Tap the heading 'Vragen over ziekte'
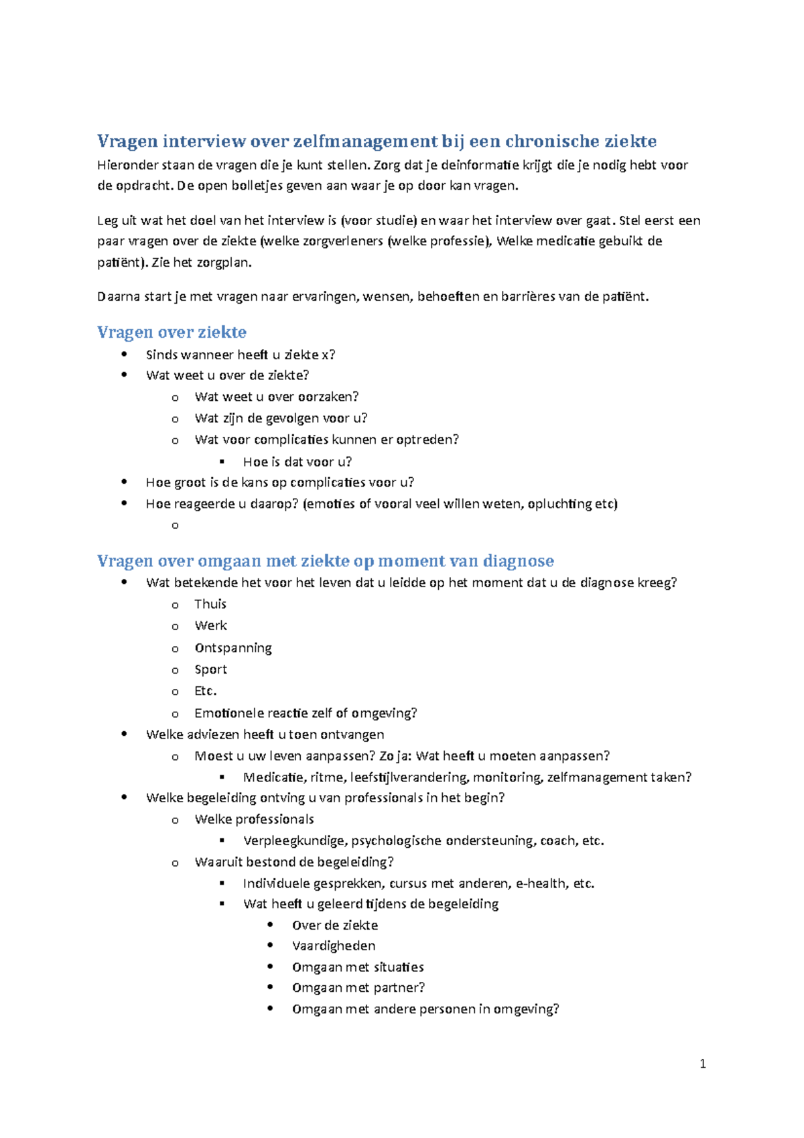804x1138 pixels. tap(172, 332)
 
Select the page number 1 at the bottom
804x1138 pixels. tap(702, 1064)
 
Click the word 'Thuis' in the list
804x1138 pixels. tap(210, 604)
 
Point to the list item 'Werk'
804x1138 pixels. tap(210, 625)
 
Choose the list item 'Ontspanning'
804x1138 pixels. tap(233, 648)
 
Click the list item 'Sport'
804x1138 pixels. tap(210, 670)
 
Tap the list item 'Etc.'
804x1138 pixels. tap(205, 691)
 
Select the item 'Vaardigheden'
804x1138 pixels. tap(334, 946)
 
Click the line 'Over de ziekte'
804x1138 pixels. tap(335, 925)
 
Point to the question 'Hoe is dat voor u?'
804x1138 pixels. tap(297, 462)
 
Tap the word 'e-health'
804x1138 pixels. tap(541, 883)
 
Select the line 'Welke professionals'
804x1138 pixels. tap(254, 819)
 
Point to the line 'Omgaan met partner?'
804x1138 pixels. tap(358, 987)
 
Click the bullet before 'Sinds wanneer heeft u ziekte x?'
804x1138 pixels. tap(124, 354)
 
